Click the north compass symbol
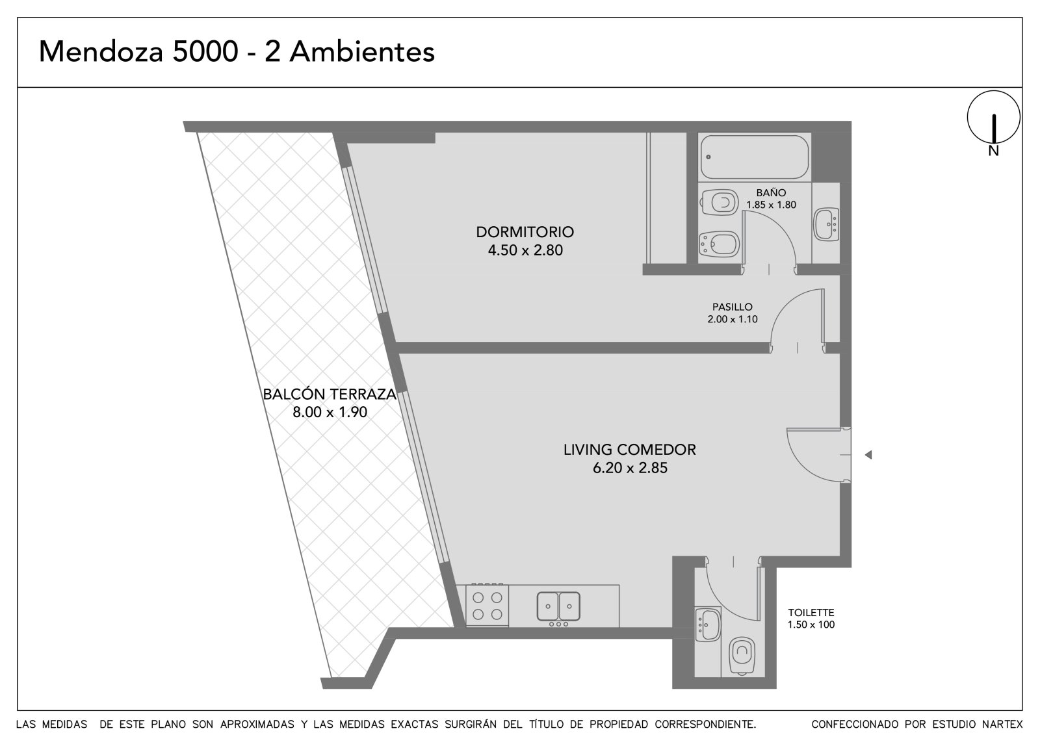tap(994, 117)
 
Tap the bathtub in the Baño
tap(755, 157)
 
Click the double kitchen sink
tap(558, 606)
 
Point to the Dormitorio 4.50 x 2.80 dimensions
tap(525, 250)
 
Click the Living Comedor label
tap(630, 450)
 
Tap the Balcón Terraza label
tap(330, 394)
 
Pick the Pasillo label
tap(732, 307)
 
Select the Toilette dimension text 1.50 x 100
tap(811, 625)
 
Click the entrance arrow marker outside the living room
tap(868, 455)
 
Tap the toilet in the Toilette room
tap(742, 654)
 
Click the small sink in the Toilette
tap(708, 625)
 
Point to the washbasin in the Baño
tap(826, 224)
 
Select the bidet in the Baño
tap(719, 244)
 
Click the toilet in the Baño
tap(719, 202)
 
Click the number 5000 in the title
tap(205, 51)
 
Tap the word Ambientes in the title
tap(362, 51)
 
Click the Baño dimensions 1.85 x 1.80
tap(771, 205)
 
